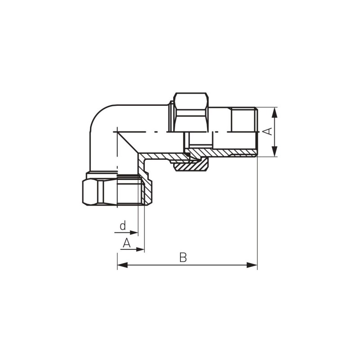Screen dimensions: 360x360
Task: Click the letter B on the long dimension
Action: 183,257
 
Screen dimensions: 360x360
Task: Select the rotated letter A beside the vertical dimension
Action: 267,131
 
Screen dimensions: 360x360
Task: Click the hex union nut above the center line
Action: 191,112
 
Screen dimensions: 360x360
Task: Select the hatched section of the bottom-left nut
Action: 147,191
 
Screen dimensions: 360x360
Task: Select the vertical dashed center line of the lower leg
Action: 117,153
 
